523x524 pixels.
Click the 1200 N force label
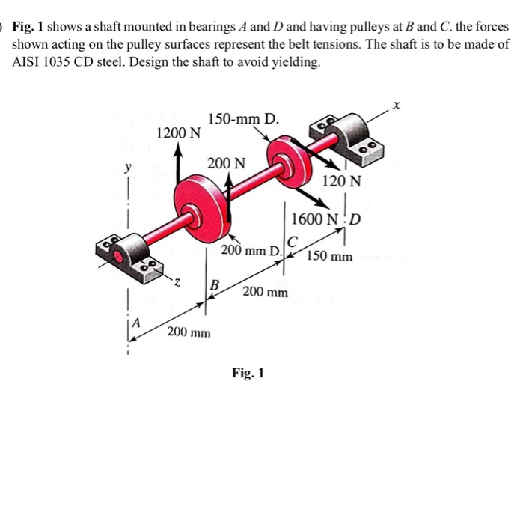point(179,133)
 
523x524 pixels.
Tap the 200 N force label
point(225,163)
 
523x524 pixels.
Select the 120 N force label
point(341,181)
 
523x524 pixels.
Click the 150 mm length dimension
point(330,257)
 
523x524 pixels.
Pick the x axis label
point(397,108)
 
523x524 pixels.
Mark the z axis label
point(177,283)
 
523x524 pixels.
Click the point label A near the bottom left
point(137,324)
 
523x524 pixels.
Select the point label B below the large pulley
point(215,284)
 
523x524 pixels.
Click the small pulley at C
point(289,159)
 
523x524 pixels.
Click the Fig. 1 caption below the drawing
point(248,372)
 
